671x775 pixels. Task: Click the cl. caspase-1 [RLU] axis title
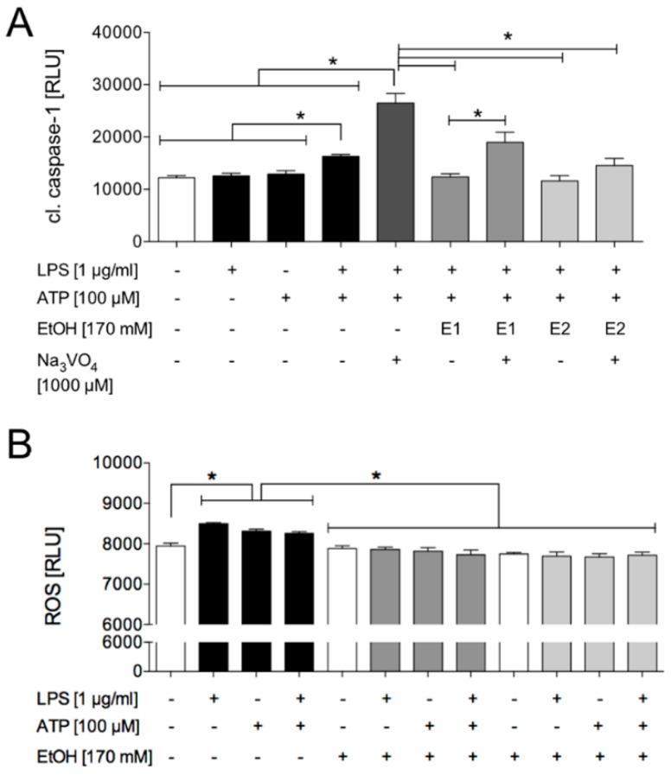[61, 137]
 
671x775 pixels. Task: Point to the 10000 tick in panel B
[118, 462]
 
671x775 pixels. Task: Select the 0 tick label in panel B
[136, 670]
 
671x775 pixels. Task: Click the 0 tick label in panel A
[136, 241]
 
